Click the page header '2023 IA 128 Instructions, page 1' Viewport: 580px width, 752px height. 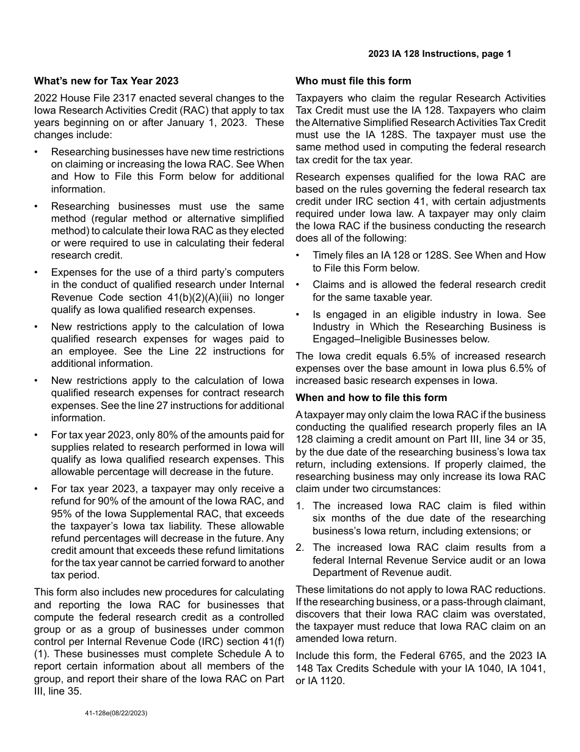440,54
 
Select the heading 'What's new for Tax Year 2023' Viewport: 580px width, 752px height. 106,81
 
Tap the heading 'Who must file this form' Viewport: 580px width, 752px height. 353,81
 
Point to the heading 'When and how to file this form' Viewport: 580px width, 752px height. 371,397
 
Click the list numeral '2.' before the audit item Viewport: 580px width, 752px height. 300,548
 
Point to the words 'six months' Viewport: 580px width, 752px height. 335,518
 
